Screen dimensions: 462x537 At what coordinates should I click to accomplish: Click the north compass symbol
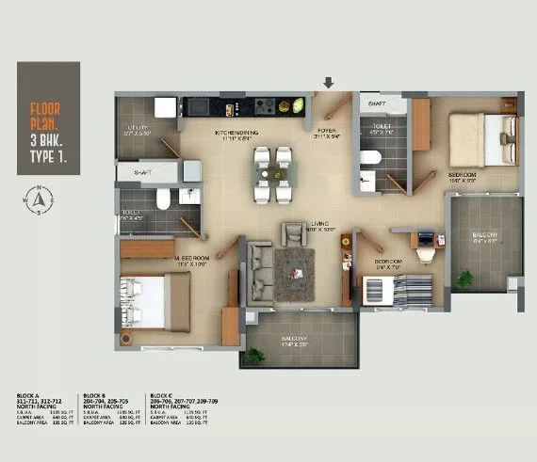coord(37,199)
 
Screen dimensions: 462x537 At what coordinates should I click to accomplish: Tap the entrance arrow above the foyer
coord(330,84)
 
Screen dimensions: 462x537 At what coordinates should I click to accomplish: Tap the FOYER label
coord(327,133)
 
